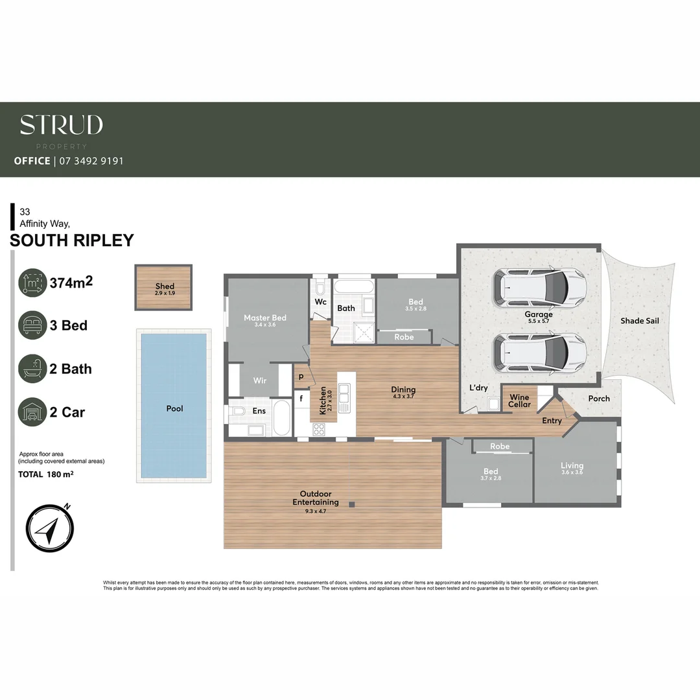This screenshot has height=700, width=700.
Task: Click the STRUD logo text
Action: (x=61, y=125)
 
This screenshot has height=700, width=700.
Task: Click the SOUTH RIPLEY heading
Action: (x=72, y=240)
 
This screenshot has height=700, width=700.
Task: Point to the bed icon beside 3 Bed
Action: (x=32, y=325)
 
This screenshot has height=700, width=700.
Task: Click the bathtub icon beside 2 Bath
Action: (x=32, y=369)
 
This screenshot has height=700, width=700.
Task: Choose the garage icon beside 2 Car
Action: (x=32, y=412)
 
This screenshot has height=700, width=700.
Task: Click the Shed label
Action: (x=165, y=286)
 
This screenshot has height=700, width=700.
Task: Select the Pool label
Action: (x=174, y=408)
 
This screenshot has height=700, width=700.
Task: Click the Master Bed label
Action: (x=265, y=318)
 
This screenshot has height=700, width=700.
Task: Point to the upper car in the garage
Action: (x=539, y=287)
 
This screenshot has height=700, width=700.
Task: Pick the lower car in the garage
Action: (x=539, y=353)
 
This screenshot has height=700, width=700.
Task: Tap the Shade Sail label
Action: (x=640, y=321)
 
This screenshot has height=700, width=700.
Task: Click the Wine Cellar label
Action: (x=520, y=401)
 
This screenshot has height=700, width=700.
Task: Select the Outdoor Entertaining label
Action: (x=316, y=498)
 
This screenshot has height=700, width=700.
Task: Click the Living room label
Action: (x=572, y=465)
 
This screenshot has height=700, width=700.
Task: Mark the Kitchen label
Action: (x=323, y=401)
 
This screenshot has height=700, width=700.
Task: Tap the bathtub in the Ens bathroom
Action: (x=283, y=419)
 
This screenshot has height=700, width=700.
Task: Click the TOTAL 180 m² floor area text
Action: (x=45, y=474)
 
